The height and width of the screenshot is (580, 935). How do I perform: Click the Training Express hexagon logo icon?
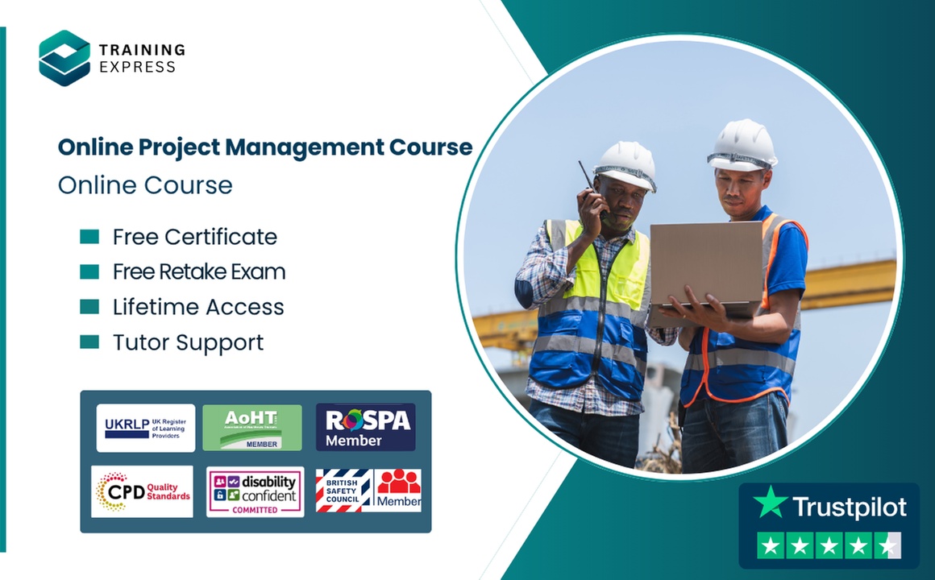click(64, 57)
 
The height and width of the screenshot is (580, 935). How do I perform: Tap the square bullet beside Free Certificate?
click(89, 237)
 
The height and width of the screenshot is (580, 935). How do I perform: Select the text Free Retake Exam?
click(199, 272)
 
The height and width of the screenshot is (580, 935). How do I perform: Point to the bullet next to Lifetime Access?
click(89, 307)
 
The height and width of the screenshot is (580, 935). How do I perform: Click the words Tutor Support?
click(188, 342)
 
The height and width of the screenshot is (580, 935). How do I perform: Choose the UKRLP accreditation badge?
click(146, 428)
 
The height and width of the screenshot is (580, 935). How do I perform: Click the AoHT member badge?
click(252, 428)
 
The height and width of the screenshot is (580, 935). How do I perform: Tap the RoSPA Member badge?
click(365, 427)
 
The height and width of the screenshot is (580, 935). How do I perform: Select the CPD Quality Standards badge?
click(143, 491)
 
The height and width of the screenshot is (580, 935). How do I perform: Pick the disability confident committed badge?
click(255, 491)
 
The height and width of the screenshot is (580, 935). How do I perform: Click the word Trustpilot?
click(850, 507)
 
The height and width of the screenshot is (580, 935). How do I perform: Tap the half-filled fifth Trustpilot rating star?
click(887, 546)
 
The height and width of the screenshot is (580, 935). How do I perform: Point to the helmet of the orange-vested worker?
click(742, 144)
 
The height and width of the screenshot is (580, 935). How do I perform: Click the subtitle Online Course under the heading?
click(145, 185)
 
